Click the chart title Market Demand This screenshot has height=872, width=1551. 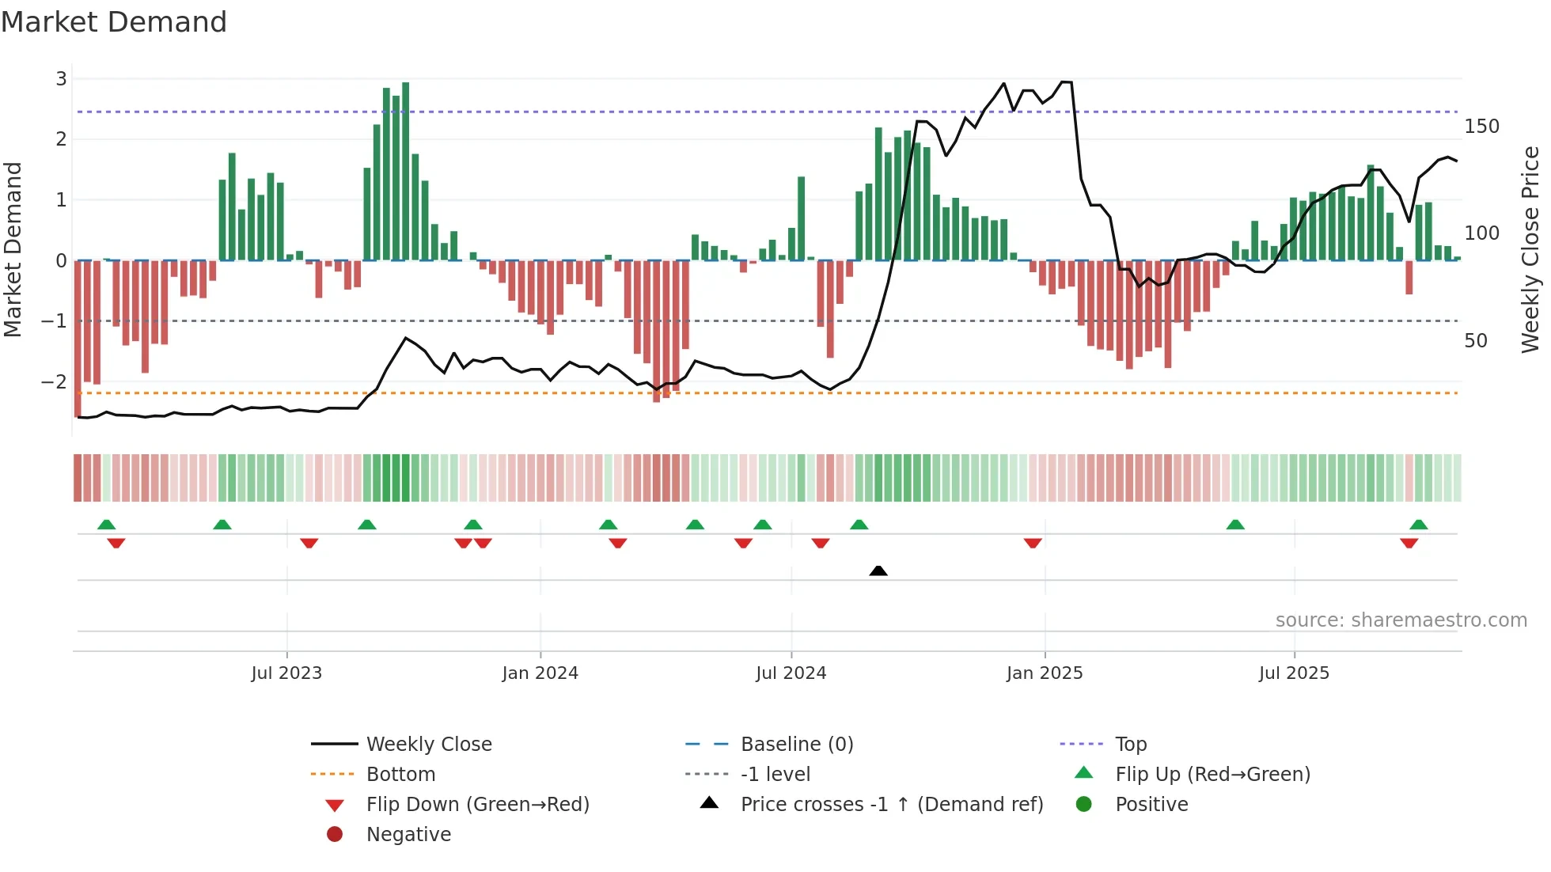coord(114,22)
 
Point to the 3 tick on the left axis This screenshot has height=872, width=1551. coord(61,79)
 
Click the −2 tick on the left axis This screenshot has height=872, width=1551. coord(55,382)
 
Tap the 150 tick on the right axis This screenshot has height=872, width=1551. coord(1481,127)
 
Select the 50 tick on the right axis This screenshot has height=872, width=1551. coord(1476,341)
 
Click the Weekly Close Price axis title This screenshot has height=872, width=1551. coord(1530,249)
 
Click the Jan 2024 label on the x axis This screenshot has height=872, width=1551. coord(540,673)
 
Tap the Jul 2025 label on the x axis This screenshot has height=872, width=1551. coord(1294,673)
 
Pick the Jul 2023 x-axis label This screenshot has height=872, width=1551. coord(286,673)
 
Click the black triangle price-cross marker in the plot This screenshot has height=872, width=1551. coord(878,571)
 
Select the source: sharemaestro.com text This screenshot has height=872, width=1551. coord(1401,620)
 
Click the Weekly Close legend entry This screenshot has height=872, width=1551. coord(428,745)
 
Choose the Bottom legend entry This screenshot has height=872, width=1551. coord(400,775)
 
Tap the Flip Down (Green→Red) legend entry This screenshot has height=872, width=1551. coord(477,805)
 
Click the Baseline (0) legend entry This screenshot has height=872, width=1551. coord(796,745)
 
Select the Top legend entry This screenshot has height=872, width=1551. coord(1131,745)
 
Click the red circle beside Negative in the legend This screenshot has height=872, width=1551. coord(335,835)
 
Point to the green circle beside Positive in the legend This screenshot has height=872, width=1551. coord(1084,805)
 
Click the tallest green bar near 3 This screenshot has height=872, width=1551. coord(406,171)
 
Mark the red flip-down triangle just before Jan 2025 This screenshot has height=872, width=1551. coord(1033,543)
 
